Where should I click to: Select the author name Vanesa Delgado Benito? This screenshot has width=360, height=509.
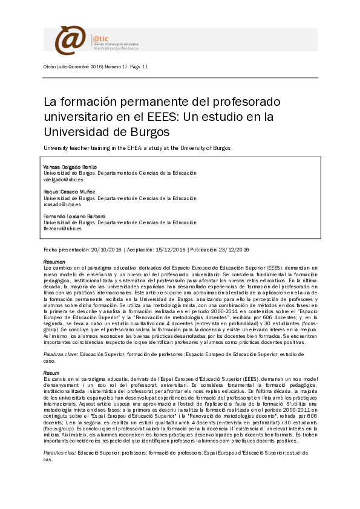tap(70, 166)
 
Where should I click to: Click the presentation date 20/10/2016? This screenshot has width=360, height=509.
tap(106, 249)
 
